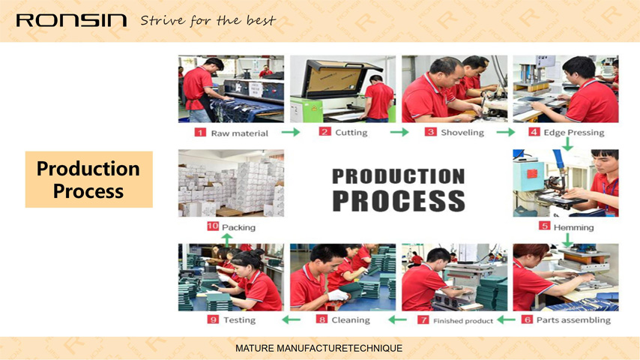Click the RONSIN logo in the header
tap(71, 20)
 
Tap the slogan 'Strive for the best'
tap(208, 20)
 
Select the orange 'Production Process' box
tap(89, 179)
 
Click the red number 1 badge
tap(200, 133)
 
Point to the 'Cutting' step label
tap(351, 133)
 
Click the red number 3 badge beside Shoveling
tap(431, 132)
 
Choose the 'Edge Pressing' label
tap(574, 133)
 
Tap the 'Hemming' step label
tap(573, 227)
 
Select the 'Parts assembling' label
tap(573, 320)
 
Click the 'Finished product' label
tap(463, 321)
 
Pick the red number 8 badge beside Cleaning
tap(321, 319)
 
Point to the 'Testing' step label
tap(239, 320)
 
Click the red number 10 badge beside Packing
tap(213, 226)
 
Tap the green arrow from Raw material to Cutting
tap(291, 132)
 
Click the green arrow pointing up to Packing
tap(227, 240)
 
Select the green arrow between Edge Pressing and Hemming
tap(567, 144)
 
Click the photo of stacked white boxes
tap(231, 183)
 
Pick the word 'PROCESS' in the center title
tap(399, 201)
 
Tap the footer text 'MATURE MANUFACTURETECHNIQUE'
tap(319, 349)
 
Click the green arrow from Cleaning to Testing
tap(291, 319)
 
